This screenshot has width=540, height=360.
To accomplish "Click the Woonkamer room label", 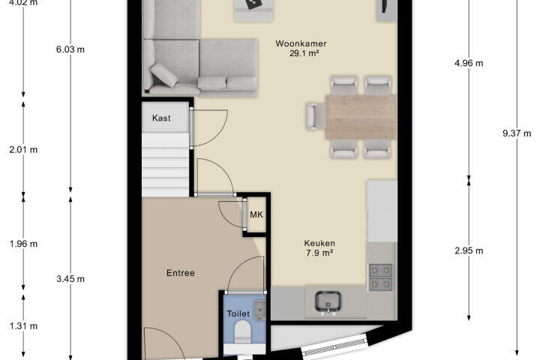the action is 301,43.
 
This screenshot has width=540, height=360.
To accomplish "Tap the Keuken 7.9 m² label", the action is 319,248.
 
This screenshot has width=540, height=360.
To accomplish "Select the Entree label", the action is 181,273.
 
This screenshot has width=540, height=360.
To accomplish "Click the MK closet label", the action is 256,215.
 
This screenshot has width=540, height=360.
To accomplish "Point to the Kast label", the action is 161,118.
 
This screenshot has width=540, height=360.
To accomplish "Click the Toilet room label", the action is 238,313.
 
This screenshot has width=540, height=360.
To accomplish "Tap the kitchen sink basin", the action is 328,301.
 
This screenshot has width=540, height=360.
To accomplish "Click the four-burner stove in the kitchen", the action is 380,277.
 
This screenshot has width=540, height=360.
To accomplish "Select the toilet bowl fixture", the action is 241,331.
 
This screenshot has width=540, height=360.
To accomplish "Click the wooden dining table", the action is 361,117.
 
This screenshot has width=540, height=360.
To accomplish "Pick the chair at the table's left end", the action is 316,116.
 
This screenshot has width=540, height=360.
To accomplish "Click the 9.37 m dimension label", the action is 517,133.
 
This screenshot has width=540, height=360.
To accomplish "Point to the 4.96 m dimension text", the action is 469,64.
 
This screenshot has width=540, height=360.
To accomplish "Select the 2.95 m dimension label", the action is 469,250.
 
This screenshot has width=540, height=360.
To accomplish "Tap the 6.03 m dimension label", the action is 70,49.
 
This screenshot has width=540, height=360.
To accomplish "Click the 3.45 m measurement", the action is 70,279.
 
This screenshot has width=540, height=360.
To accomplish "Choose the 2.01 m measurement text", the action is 23,150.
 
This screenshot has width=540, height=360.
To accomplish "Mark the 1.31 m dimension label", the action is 23,326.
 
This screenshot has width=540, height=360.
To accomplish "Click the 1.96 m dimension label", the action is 23,244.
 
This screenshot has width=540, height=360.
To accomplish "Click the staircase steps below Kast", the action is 165,165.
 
